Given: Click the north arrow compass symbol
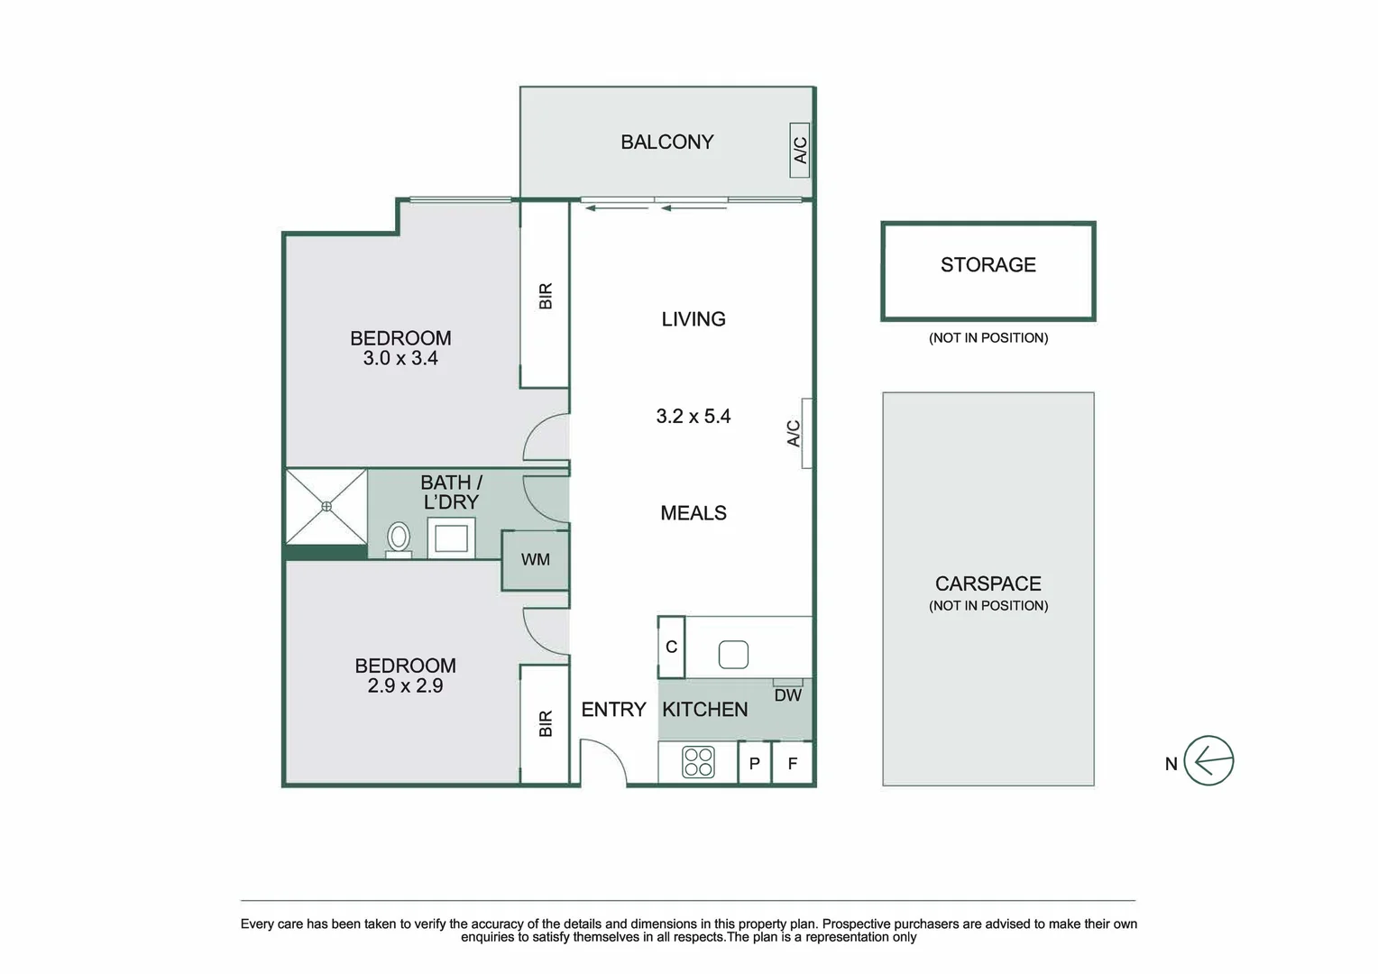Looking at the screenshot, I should coord(1208,760).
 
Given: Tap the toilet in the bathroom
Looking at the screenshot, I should coord(398,538).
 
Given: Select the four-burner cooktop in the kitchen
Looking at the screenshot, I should coord(698,762).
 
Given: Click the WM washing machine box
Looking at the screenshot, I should coord(536,560).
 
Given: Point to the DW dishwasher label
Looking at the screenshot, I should coord(787,695).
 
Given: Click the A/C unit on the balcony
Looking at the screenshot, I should coord(799,150).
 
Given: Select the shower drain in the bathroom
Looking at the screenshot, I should coord(326,507).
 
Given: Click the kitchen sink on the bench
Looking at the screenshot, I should coord(733,654).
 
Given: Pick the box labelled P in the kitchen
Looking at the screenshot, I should coord(755,764).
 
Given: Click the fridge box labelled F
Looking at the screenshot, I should coord(793,764).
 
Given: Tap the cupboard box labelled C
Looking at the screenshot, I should coord(671,647).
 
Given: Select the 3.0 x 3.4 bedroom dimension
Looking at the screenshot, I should coord(400,359).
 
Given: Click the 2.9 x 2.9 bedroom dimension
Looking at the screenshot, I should coord(405,686).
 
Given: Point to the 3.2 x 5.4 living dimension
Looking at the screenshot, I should coord(693,417).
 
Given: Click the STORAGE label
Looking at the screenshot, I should coord(988,265).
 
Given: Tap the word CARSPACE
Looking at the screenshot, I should coord(988,583).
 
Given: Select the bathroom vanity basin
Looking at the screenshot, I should coord(451,539).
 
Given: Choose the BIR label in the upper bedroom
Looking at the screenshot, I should coord(546,296).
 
